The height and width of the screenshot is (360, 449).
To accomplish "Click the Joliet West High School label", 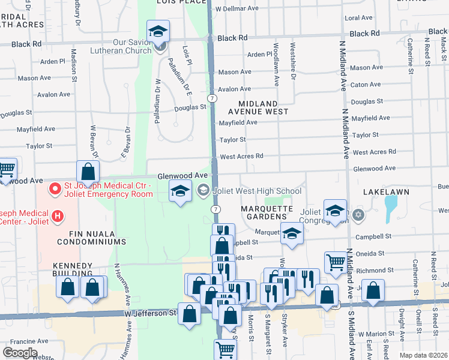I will [x=256, y=191].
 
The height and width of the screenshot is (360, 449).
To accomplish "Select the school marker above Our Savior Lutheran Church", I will [x=158, y=32].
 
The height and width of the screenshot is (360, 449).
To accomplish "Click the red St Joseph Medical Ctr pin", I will [x=55, y=189].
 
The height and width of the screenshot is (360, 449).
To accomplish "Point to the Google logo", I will [x=20, y=353].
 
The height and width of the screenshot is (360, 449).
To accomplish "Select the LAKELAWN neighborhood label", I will [x=386, y=191].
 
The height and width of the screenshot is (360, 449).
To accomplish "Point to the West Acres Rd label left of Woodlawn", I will [x=242, y=156].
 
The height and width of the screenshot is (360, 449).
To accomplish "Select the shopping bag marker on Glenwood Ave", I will [x=88, y=172].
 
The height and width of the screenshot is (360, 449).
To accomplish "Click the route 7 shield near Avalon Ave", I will [x=212, y=97].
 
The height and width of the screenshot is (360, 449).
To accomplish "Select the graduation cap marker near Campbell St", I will [x=291, y=235].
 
